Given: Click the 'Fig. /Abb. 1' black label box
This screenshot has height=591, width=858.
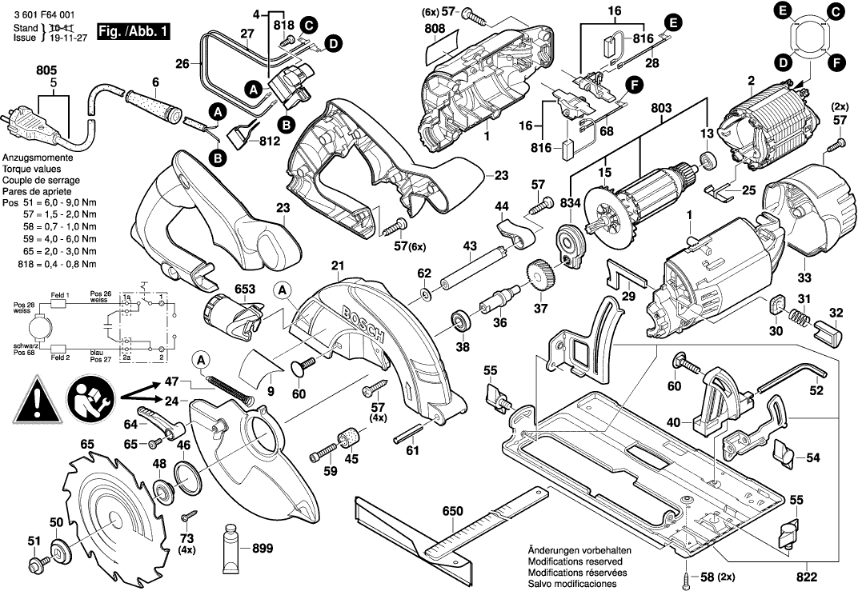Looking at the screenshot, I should point(132,33).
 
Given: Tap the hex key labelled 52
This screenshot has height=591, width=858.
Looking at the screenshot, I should point(792,376).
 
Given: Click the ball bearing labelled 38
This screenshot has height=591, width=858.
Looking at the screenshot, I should point(462,321).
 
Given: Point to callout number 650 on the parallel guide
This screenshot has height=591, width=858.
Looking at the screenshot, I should point(452,511).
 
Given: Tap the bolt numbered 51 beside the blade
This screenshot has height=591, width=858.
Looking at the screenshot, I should point(34,567).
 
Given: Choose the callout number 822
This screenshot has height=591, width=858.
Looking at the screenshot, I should point(806,574).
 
